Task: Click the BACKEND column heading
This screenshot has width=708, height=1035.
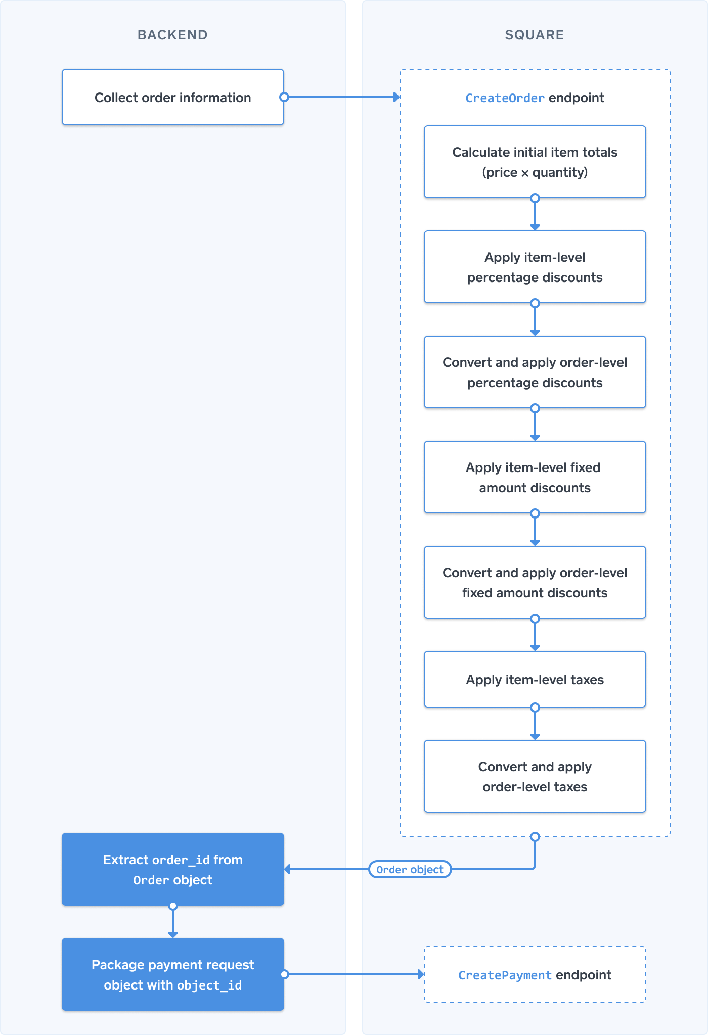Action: [x=172, y=35]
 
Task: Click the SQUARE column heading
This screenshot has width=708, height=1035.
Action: [x=534, y=35]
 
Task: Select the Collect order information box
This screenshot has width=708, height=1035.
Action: [x=172, y=98]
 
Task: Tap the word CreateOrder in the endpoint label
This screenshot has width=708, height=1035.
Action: [x=504, y=98]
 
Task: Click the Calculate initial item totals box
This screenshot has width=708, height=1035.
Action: [x=535, y=162]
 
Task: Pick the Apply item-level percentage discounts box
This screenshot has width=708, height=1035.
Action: [x=535, y=267]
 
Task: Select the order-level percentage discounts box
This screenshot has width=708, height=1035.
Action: [x=535, y=372]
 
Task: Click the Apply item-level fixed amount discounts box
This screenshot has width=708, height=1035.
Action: [x=535, y=477]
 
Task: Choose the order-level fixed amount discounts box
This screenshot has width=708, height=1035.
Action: [x=535, y=582]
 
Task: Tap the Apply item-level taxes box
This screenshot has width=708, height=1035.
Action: [x=535, y=679]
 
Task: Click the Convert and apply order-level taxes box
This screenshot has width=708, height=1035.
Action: [x=535, y=776]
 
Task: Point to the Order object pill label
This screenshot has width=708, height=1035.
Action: [x=410, y=869]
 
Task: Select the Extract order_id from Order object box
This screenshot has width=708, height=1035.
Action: [x=172, y=869]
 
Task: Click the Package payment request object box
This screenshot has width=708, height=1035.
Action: [x=172, y=974]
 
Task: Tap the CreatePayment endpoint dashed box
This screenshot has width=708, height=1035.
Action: [x=535, y=974]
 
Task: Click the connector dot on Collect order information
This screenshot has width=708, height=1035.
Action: [x=284, y=97]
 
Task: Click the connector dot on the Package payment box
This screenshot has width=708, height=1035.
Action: [x=284, y=974]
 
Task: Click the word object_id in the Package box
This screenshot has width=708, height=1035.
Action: [x=209, y=985]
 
